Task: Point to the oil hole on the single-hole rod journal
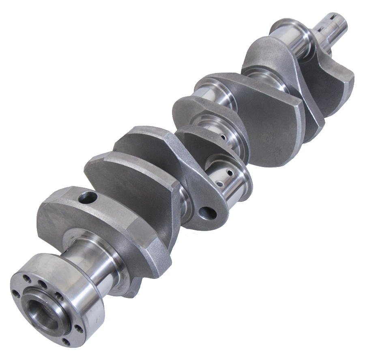(223, 137)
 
